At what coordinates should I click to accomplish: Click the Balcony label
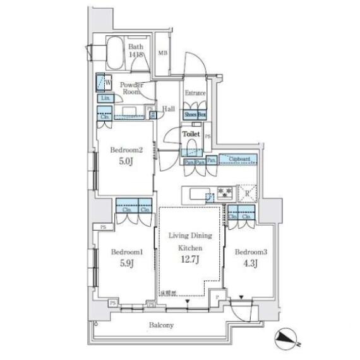(x=162, y=325)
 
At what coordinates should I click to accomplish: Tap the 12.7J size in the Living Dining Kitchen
(x=189, y=260)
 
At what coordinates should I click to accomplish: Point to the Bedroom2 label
(x=126, y=150)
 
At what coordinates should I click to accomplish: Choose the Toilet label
(x=191, y=135)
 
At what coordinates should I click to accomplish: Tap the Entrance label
(x=195, y=93)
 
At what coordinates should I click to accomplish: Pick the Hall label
(x=169, y=109)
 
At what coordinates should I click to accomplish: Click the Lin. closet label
(x=104, y=98)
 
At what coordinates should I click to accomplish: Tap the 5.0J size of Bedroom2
(x=126, y=162)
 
